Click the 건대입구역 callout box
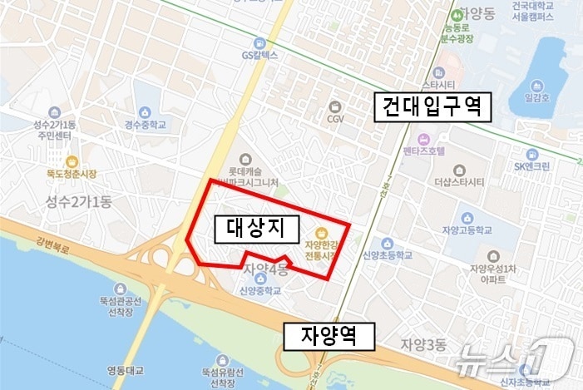432,107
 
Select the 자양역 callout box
329,336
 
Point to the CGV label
335,118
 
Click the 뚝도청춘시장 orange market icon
72,160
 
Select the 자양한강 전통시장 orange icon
323,233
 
